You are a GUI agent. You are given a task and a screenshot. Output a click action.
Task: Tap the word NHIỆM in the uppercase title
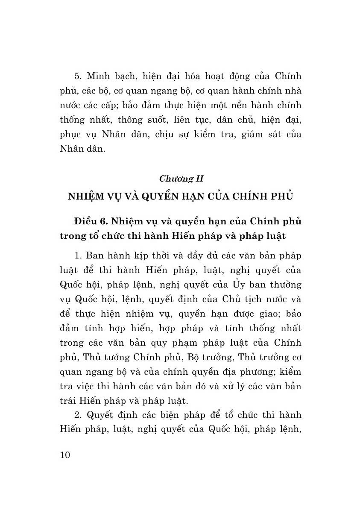pos(85,197)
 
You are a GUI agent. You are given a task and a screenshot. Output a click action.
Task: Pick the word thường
pos(287,285)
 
